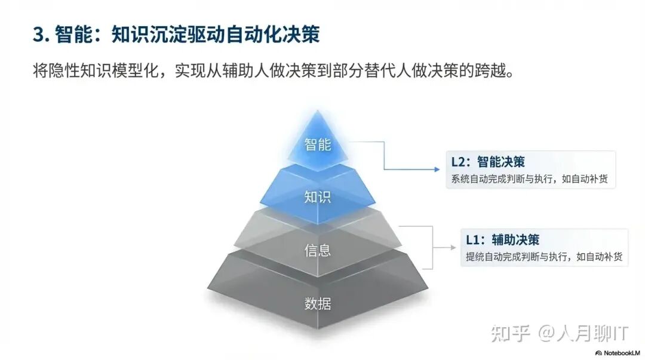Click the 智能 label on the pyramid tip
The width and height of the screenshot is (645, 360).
317,144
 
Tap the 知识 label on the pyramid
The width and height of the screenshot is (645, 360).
317,196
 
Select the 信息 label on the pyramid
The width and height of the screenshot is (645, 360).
317,250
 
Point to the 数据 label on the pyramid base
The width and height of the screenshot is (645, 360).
317,303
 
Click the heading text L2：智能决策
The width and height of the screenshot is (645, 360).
488,162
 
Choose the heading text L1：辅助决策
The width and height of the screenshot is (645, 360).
502,240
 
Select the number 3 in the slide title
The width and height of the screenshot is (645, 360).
38,35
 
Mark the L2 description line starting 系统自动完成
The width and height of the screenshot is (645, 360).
530,179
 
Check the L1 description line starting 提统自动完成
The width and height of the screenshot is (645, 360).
544,257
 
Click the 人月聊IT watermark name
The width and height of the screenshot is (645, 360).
591,333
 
